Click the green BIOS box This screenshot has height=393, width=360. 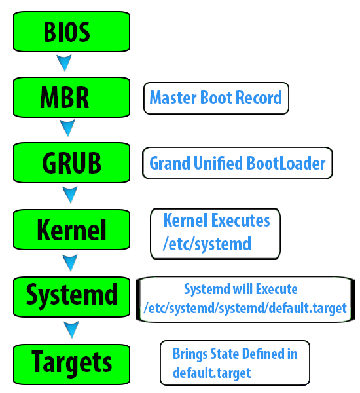[71, 32]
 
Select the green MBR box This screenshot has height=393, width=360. [71, 97]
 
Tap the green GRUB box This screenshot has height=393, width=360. [71, 163]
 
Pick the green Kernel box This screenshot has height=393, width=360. [71, 230]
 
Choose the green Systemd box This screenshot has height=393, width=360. [71, 297]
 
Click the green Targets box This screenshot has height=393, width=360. [71, 364]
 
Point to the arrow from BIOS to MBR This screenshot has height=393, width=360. [64, 63]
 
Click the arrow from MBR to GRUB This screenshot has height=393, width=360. [67, 128]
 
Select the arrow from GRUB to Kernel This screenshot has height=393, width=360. [70, 195]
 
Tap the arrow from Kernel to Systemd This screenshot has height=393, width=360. [70, 263]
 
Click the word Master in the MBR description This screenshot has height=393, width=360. [173, 98]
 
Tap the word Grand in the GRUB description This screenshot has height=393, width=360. [170, 163]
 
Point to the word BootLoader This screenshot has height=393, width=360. [286, 163]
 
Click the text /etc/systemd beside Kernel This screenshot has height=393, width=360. [207, 244]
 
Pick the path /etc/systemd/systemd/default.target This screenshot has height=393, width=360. [245, 308]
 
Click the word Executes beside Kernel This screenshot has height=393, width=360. [240, 220]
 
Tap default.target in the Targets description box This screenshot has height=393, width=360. [212, 373]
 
